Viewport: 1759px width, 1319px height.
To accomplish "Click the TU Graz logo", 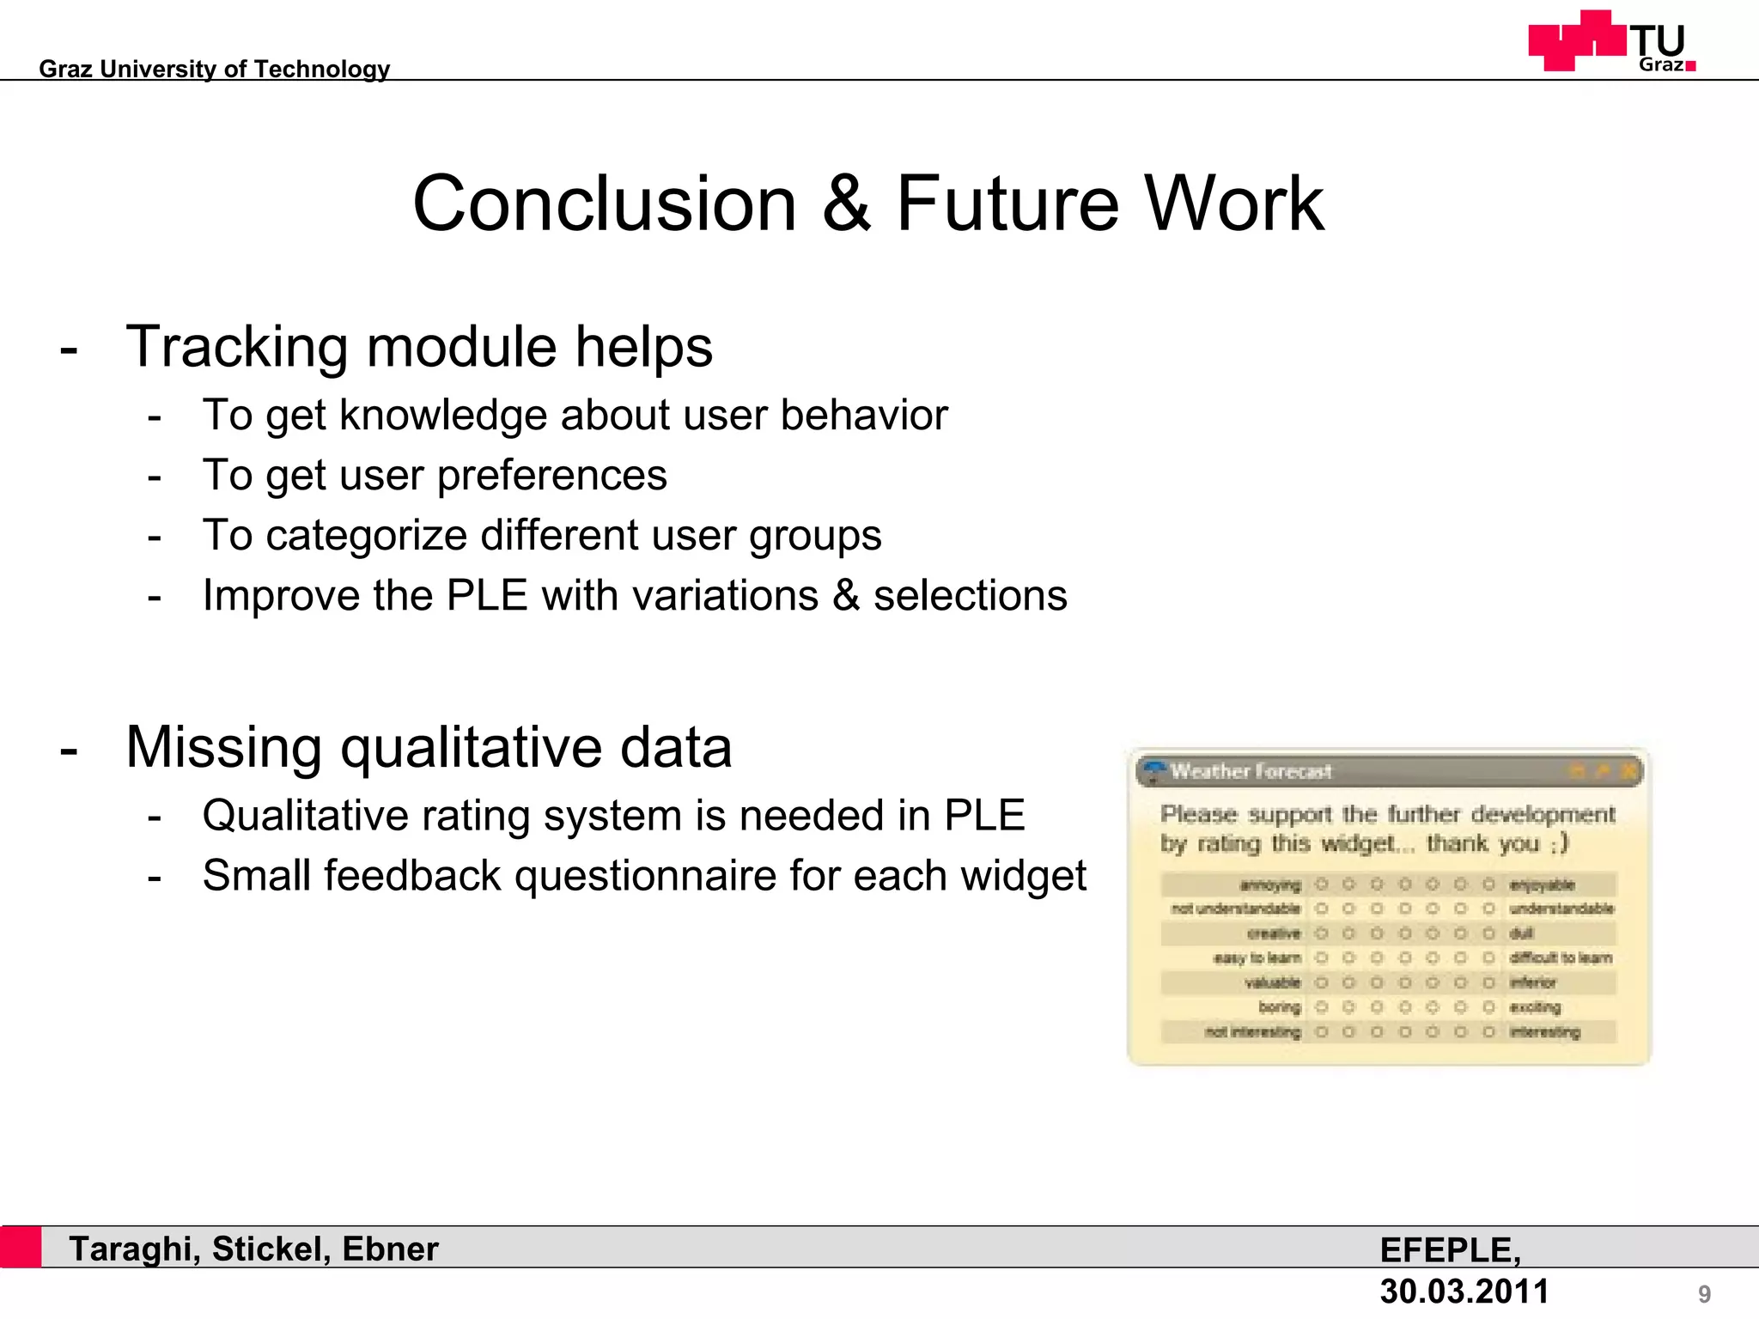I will [x=1611, y=41].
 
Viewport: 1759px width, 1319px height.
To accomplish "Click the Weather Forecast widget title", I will [x=1251, y=771].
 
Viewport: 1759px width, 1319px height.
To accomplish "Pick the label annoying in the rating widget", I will [x=1270, y=884].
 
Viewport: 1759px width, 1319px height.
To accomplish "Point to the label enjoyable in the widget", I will [x=1542, y=884].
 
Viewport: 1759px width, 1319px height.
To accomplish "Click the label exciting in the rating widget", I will [x=1535, y=1007].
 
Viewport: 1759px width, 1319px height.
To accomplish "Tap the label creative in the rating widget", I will [x=1274, y=933].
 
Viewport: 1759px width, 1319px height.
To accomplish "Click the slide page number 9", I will [x=1704, y=1293].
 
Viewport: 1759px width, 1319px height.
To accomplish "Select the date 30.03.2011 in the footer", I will [x=1464, y=1292].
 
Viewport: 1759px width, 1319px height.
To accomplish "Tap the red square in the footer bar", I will [x=21, y=1247].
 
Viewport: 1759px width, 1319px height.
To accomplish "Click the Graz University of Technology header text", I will [x=215, y=69].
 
